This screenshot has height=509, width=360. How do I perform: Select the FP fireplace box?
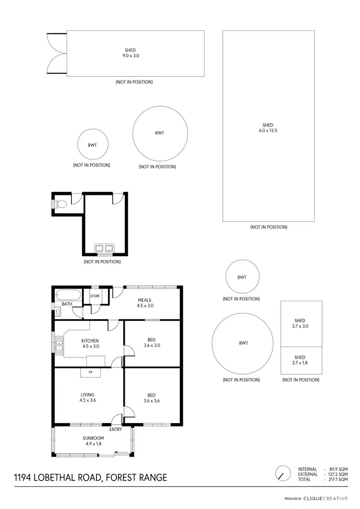tap(90, 372)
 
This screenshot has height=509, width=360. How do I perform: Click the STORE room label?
tap(95, 296)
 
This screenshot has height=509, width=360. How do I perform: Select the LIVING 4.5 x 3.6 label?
tap(87, 397)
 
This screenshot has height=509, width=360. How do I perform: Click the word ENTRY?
tap(116, 429)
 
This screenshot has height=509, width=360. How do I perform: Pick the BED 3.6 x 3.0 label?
tap(152, 342)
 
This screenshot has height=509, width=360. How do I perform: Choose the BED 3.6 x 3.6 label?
tap(152, 398)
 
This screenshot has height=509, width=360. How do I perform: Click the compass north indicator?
tap(283, 474)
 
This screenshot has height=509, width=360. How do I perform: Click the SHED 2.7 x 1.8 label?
tap(300, 360)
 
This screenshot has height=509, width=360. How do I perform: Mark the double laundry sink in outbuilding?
tap(104, 249)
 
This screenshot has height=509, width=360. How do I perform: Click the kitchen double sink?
tap(60, 344)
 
